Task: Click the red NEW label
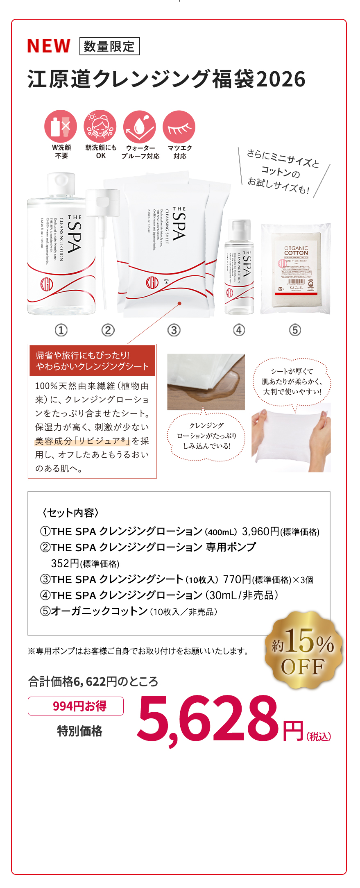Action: tap(49, 46)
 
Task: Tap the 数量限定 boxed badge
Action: tap(109, 46)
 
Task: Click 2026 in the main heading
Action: tap(281, 79)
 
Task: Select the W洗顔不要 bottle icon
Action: tap(61, 126)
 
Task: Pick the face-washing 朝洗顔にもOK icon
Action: tap(100, 126)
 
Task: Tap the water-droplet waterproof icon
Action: tap(140, 127)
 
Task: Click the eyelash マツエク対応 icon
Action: tap(179, 127)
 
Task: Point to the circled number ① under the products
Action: tap(61, 330)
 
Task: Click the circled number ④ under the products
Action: tap(239, 330)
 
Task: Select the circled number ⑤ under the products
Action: tap(295, 330)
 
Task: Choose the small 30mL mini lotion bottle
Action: tap(239, 268)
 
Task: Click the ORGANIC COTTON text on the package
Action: tap(296, 250)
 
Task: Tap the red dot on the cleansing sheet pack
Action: tap(179, 303)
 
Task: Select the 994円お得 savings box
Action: tap(76, 706)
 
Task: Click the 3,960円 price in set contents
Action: tap(260, 531)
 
